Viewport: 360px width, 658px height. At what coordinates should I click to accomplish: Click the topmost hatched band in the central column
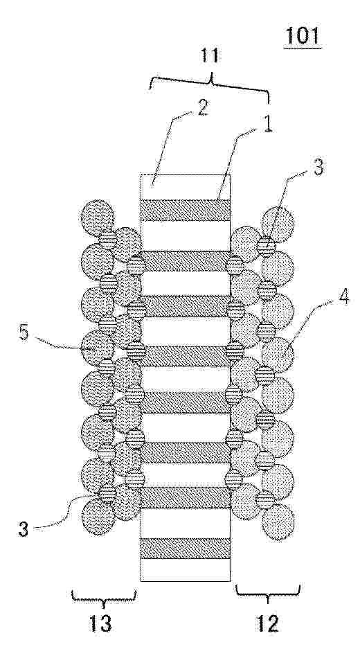tap(185, 210)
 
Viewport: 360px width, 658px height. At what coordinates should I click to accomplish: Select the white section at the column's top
tap(185, 187)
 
